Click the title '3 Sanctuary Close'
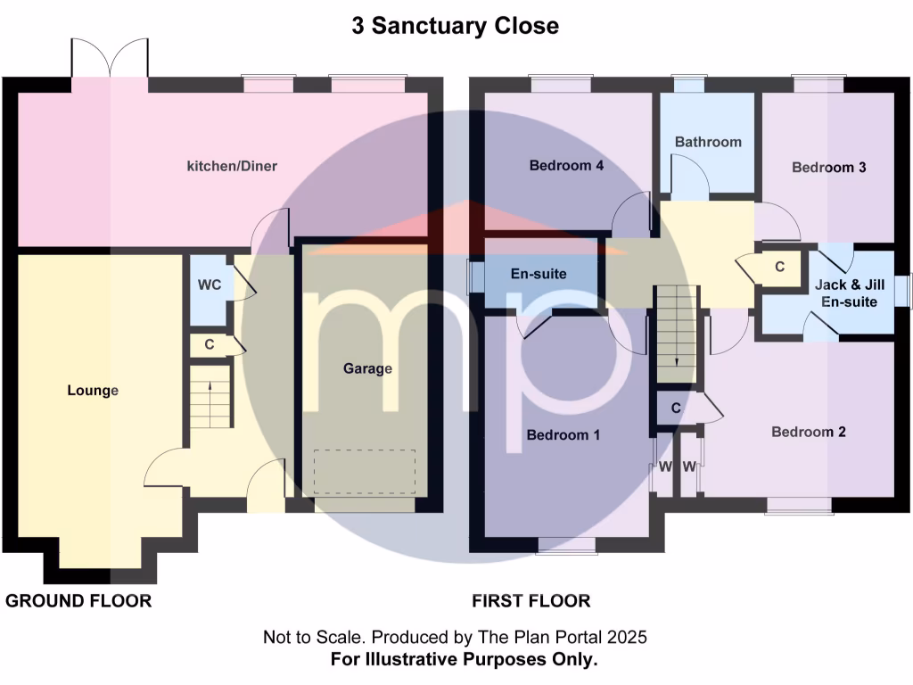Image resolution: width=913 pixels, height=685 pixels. point(456,26)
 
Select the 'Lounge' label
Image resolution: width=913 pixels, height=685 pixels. point(93,391)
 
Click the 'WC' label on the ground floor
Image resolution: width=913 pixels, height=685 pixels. point(210,285)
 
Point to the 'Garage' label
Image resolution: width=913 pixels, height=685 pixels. point(368,368)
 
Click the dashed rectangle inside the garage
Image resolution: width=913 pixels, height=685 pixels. point(365,471)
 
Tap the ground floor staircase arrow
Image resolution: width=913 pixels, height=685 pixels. point(210,386)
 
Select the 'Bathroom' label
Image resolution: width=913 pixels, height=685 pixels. point(708,142)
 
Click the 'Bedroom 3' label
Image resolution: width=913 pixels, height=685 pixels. point(829,167)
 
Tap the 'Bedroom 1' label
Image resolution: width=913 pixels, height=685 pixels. point(563,435)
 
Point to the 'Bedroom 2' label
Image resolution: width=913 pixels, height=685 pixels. point(809,432)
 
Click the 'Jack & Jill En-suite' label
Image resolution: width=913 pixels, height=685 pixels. point(846,293)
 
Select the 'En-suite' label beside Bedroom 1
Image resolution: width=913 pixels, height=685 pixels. point(539,274)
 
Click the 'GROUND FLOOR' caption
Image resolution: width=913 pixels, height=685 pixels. point(78,601)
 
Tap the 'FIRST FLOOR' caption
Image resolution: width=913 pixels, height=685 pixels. point(531,601)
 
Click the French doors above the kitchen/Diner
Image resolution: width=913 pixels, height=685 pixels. point(110,60)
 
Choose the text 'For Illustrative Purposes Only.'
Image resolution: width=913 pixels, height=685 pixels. point(464,660)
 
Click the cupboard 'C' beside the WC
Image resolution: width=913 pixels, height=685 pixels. point(210,343)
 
